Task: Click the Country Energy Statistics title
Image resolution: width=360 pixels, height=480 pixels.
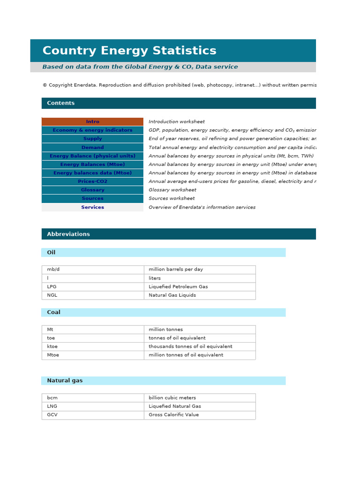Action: (x=129, y=51)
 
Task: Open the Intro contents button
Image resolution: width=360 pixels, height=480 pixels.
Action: (x=92, y=122)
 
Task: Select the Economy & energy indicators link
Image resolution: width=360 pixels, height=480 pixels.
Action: (x=92, y=130)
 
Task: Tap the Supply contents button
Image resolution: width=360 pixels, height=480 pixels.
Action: (x=92, y=139)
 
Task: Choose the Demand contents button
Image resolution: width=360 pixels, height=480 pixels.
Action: (x=92, y=148)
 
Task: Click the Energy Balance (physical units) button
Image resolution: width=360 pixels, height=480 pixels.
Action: (x=92, y=156)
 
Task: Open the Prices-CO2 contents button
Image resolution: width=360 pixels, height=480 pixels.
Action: (x=92, y=181)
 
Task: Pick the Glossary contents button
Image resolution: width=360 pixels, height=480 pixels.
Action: (x=92, y=190)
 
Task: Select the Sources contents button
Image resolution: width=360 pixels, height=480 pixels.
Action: (x=92, y=198)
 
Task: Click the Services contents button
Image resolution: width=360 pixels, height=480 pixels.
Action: (x=92, y=207)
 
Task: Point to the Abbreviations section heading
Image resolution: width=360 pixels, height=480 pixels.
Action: (x=68, y=234)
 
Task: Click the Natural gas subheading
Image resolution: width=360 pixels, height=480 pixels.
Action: (x=65, y=381)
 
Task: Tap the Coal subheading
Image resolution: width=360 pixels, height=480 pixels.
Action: (x=53, y=312)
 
